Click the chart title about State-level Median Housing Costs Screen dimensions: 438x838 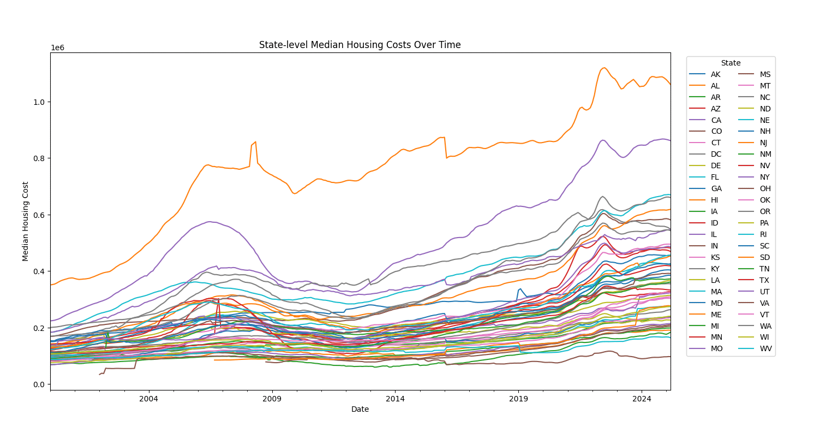tap(360, 45)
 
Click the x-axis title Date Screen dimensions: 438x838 tap(360, 409)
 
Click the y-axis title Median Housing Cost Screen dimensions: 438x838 tap(26, 221)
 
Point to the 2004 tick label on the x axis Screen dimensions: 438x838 tap(148, 399)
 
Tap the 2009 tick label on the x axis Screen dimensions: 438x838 tap(272, 399)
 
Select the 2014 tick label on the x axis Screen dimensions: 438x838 tap(395, 399)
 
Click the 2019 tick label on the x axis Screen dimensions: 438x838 tap(518, 399)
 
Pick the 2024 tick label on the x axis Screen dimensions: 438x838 tap(642, 399)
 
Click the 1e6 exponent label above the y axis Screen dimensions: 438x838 tap(57, 48)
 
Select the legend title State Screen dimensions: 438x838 tap(731, 63)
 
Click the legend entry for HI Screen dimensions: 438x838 tap(715, 200)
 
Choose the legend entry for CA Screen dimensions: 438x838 tap(716, 120)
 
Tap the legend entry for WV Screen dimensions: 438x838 tap(765, 348)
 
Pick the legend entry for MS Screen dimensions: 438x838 tap(765, 74)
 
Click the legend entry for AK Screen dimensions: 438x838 tap(715, 74)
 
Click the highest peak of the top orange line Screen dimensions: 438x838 tap(603, 68)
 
